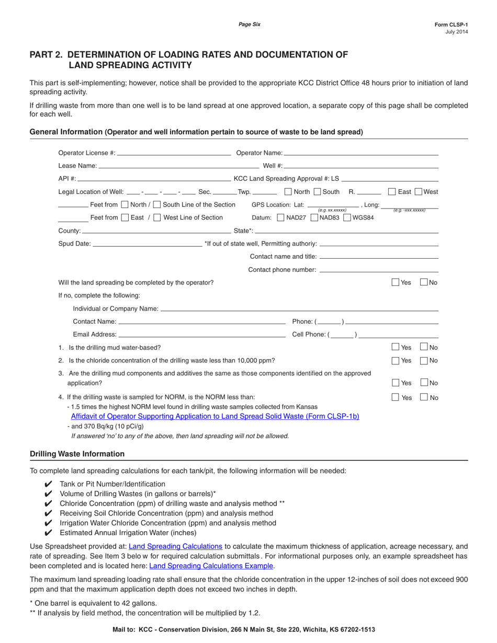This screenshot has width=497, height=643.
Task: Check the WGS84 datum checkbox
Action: coord(347,217)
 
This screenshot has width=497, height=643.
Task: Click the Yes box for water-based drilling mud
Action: coord(396,347)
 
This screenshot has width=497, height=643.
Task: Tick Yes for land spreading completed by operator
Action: coord(396,282)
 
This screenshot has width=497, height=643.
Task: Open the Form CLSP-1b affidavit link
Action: coord(215,417)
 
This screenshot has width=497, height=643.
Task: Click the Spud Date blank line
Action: coord(147,244)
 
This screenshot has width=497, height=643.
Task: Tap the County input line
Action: coord(156,231)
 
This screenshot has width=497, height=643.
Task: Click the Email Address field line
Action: coord(202,335)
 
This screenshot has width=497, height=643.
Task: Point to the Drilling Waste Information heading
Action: coord(77,454)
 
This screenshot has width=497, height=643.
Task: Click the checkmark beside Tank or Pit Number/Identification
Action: coord(49,484)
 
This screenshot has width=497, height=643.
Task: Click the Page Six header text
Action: coord(249,24)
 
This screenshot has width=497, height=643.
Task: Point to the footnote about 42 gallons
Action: coord(93,603)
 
